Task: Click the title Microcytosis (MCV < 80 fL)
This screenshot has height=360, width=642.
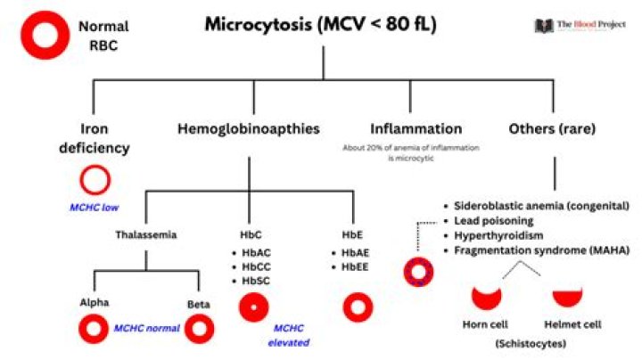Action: pos(320,24)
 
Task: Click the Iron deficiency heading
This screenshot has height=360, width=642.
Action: pos(94,138)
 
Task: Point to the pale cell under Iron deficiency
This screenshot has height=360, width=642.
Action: pos(94,181)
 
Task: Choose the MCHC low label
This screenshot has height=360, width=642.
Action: pos(95,209)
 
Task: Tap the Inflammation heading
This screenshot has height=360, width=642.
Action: pos(416,129)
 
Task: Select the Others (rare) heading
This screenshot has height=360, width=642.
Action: pos(552,129)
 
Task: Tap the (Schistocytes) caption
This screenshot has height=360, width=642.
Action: pos(533,342)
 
